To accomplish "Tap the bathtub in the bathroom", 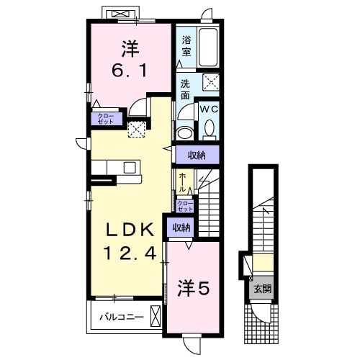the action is (x=208, y=47).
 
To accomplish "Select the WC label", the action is (x=209, y=109).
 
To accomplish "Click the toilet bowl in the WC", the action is (x=210, y=127).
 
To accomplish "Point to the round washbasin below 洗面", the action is (x=185, y=133).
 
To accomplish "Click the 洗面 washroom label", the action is (x=185, y=89).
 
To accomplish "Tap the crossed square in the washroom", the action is (x=211, y=82).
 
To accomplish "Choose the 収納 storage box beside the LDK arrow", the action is (x=197, y=156).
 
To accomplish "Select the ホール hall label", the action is (x=182, y=182).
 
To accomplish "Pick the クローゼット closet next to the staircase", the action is (x=185, y=206).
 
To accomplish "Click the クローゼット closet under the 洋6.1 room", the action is (x=106, y=119).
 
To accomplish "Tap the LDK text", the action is (x=130, y=230).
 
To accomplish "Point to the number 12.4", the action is (x=130, y=253).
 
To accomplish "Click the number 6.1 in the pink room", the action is (x=130, y=71).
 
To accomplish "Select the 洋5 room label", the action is (x=194, y=288).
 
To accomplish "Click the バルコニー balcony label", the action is (x=122, y=317).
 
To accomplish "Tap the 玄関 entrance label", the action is (x=263, y=289).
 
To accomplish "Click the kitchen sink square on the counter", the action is (x=130, y=168).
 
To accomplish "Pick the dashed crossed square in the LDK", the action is (x=137, y=130).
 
